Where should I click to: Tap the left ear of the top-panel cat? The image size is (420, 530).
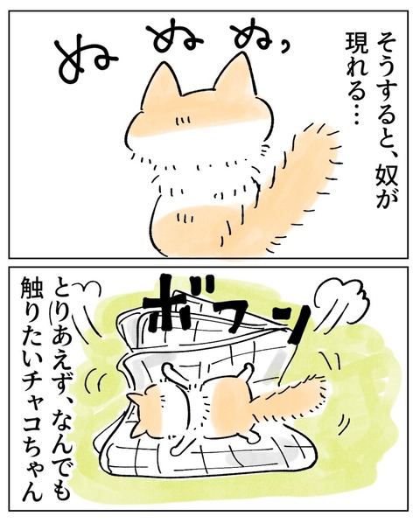163,83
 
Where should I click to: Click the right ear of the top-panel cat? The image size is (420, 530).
236,75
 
